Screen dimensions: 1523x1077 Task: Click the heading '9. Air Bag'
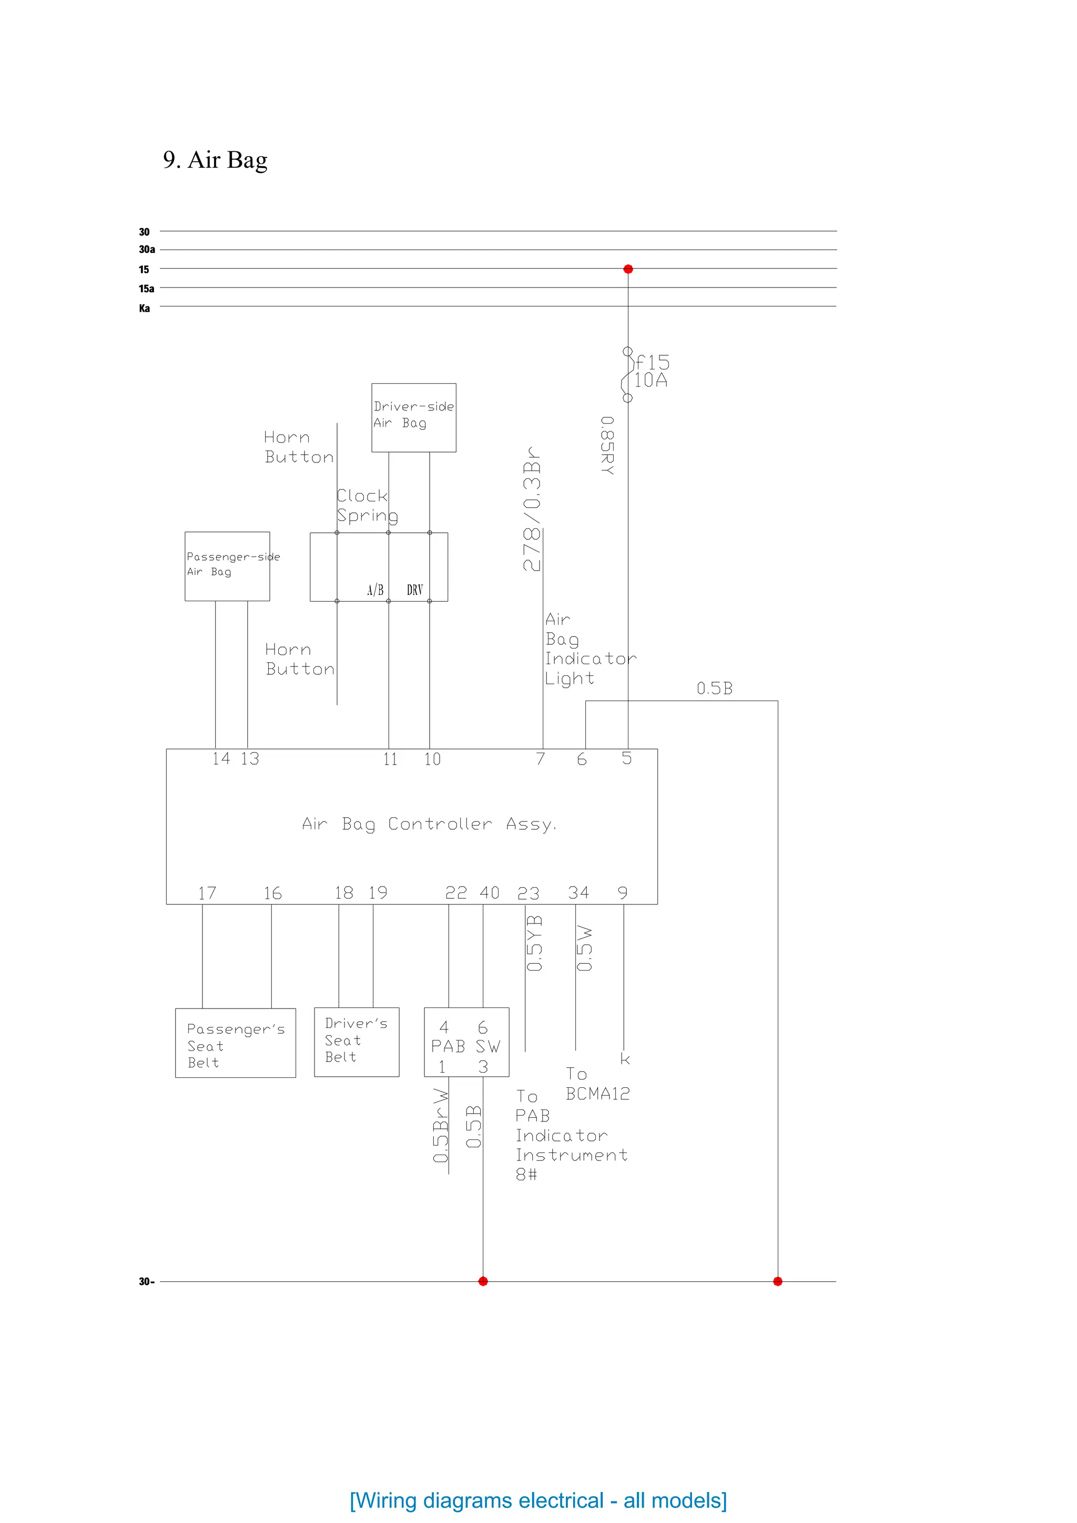coord(215,160)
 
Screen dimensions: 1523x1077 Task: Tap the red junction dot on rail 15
coord(628,269)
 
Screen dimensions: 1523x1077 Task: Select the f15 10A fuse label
coord(652,372)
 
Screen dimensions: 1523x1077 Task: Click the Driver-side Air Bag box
coord(413,417)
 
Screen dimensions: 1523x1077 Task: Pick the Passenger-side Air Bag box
coord(227,566)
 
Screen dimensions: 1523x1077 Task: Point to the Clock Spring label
coord(367,506)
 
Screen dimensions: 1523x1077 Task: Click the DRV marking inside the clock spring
coord(415,590)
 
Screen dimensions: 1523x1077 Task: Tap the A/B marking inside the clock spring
coord(375,590)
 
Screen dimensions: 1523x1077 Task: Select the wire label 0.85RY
coord(607,445)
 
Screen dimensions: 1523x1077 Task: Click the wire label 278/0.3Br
coord(532,508)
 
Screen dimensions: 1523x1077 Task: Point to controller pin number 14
coord(221,758)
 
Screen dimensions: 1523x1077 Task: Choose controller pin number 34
coord(578,893)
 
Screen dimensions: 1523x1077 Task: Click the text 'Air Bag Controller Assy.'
coord(429,824)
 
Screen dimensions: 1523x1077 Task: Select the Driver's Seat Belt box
coord(357,1042)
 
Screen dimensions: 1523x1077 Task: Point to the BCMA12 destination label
coord(597,1094)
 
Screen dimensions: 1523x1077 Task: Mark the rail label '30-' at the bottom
coord(147,1282)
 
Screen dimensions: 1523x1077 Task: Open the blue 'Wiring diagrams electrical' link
coord(538,1500)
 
